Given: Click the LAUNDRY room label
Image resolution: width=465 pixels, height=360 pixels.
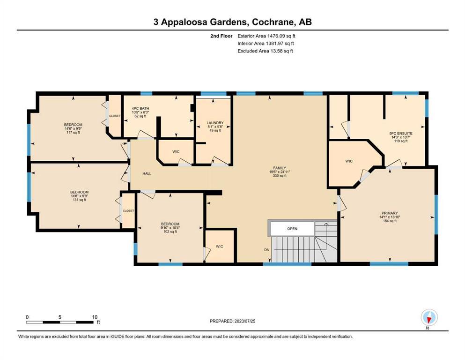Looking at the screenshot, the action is coord(215,122).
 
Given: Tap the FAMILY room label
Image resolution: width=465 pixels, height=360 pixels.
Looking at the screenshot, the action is coord(280,168).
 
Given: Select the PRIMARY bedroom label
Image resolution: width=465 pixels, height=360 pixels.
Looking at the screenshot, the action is coord(390,213).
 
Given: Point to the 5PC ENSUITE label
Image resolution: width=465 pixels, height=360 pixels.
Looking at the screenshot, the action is coord(401,134).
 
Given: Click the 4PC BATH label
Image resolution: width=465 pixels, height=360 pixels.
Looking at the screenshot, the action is coord(140,109).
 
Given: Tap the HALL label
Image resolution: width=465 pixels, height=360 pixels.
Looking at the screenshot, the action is coord(147,173).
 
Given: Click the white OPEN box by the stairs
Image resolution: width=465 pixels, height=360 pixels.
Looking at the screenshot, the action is coord(292,229).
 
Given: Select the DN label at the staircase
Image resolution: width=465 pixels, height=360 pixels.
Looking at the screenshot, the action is coord(267,250).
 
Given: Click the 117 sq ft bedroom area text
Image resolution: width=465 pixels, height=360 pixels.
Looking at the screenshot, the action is coord(73,132).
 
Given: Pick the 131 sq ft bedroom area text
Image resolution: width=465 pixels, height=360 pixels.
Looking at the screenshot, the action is coord(79,200).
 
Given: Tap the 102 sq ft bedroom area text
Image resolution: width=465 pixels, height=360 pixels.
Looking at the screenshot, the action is coord(170,232).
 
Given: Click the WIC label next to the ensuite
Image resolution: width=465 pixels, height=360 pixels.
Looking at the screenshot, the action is coord(349,161).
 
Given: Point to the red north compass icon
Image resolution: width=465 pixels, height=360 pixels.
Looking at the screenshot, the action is coord(429,318).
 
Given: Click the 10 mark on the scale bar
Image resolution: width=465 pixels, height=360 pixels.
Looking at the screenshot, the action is coord(95,317).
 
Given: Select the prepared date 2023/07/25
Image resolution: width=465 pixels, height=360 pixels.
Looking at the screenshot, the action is coord(245,321).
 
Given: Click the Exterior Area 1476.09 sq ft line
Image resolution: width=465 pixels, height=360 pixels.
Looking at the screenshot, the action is coord(266,36).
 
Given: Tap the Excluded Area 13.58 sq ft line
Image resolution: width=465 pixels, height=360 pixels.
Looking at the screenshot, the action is coord(265,51).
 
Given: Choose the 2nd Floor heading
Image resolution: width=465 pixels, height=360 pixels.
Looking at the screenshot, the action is coord(221,36).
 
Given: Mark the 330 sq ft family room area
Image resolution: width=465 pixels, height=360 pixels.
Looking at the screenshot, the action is coord(280,176).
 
